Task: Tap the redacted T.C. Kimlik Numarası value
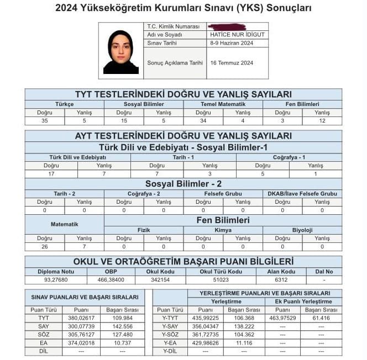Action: point(227,27)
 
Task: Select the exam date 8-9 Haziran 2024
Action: point(232,43)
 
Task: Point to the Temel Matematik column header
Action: point(223,104)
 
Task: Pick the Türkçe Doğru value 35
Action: point(44,121)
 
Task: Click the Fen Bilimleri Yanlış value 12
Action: point(322,121)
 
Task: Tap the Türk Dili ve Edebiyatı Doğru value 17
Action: point(51,174)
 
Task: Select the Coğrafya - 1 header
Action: point(289,157)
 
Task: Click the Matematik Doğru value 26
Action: point(44,247)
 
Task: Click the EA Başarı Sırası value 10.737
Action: point(123,343)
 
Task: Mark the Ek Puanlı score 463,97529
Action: point(282,317)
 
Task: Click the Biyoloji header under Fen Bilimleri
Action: point(302,230)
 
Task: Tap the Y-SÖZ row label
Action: point(170,335)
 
